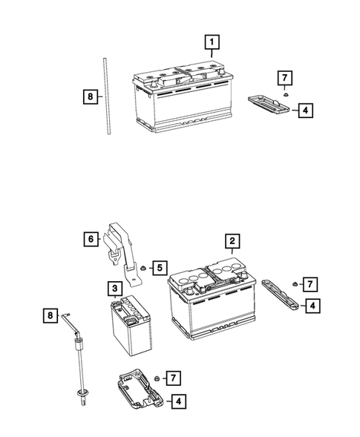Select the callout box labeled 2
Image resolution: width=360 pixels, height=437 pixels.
(232, 240)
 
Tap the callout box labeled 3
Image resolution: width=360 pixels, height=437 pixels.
(116, 287)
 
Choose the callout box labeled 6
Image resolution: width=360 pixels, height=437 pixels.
(89, 238)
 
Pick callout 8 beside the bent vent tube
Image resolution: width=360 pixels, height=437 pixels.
(48, 316)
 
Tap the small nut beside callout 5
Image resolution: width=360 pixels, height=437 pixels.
(141, 266)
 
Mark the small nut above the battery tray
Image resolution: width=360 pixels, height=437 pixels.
(158, 379)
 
